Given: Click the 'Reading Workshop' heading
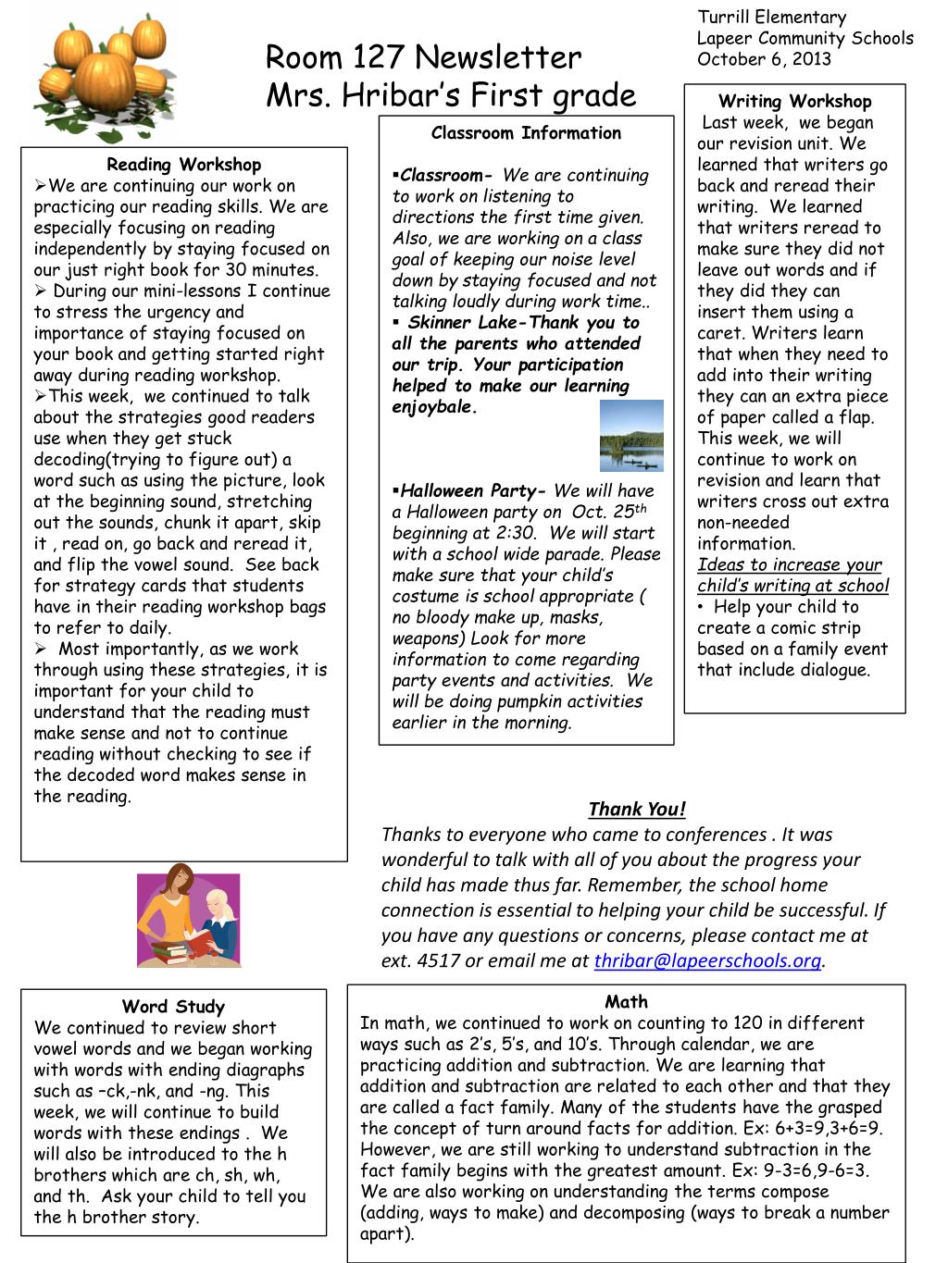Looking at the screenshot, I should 183,165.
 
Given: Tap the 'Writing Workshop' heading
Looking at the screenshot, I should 794,102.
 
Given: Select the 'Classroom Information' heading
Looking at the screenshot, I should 526,133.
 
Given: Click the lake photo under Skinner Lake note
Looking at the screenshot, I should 631,436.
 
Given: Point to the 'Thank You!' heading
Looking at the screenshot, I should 637,810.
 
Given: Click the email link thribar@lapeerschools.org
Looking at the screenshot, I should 707,961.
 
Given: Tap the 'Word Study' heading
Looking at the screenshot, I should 173,1007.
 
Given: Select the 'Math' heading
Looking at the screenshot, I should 626,1002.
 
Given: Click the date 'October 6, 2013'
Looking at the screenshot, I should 764,59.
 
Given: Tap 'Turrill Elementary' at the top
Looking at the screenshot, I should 771,18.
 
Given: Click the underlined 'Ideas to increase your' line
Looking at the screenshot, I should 790,565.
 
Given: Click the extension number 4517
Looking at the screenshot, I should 439,961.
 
